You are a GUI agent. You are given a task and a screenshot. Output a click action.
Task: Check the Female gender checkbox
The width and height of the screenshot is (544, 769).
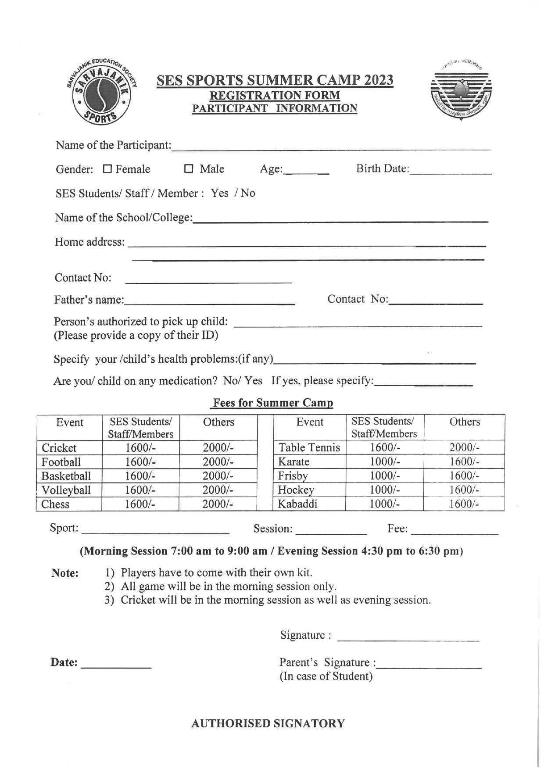(107, 169)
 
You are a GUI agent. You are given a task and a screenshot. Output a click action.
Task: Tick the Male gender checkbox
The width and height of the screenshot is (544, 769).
(189, 168)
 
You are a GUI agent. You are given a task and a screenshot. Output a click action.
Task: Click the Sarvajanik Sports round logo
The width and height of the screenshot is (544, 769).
(101, 91)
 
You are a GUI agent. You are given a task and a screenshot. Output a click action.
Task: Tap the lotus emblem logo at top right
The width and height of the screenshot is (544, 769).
(461, 91)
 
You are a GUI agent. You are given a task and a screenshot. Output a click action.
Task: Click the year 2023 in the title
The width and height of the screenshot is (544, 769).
(376, 80)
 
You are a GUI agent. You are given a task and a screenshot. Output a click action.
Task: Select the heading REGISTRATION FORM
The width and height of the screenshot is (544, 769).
(275, 95)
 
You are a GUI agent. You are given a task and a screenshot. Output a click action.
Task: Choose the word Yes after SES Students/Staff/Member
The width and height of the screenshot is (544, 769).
(219, 193)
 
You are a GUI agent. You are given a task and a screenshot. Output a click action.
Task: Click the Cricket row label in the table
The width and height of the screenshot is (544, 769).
(59, 447)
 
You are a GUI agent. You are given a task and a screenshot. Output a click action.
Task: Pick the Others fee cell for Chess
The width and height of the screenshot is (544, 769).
(218, 504)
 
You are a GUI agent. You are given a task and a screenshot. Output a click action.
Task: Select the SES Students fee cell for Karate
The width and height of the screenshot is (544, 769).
(384, 461)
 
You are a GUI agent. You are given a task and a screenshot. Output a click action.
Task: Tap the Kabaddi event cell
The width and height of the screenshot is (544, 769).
(297, 504)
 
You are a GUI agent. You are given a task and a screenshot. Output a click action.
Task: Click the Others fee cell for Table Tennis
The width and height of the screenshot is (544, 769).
(464, 447)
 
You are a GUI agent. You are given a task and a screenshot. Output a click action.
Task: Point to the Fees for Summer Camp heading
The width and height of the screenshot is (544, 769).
(272, 403)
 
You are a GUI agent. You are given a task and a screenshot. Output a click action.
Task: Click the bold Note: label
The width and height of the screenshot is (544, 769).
(65, 573)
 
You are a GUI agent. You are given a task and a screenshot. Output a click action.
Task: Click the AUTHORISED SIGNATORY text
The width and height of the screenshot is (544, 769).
(268, 723)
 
